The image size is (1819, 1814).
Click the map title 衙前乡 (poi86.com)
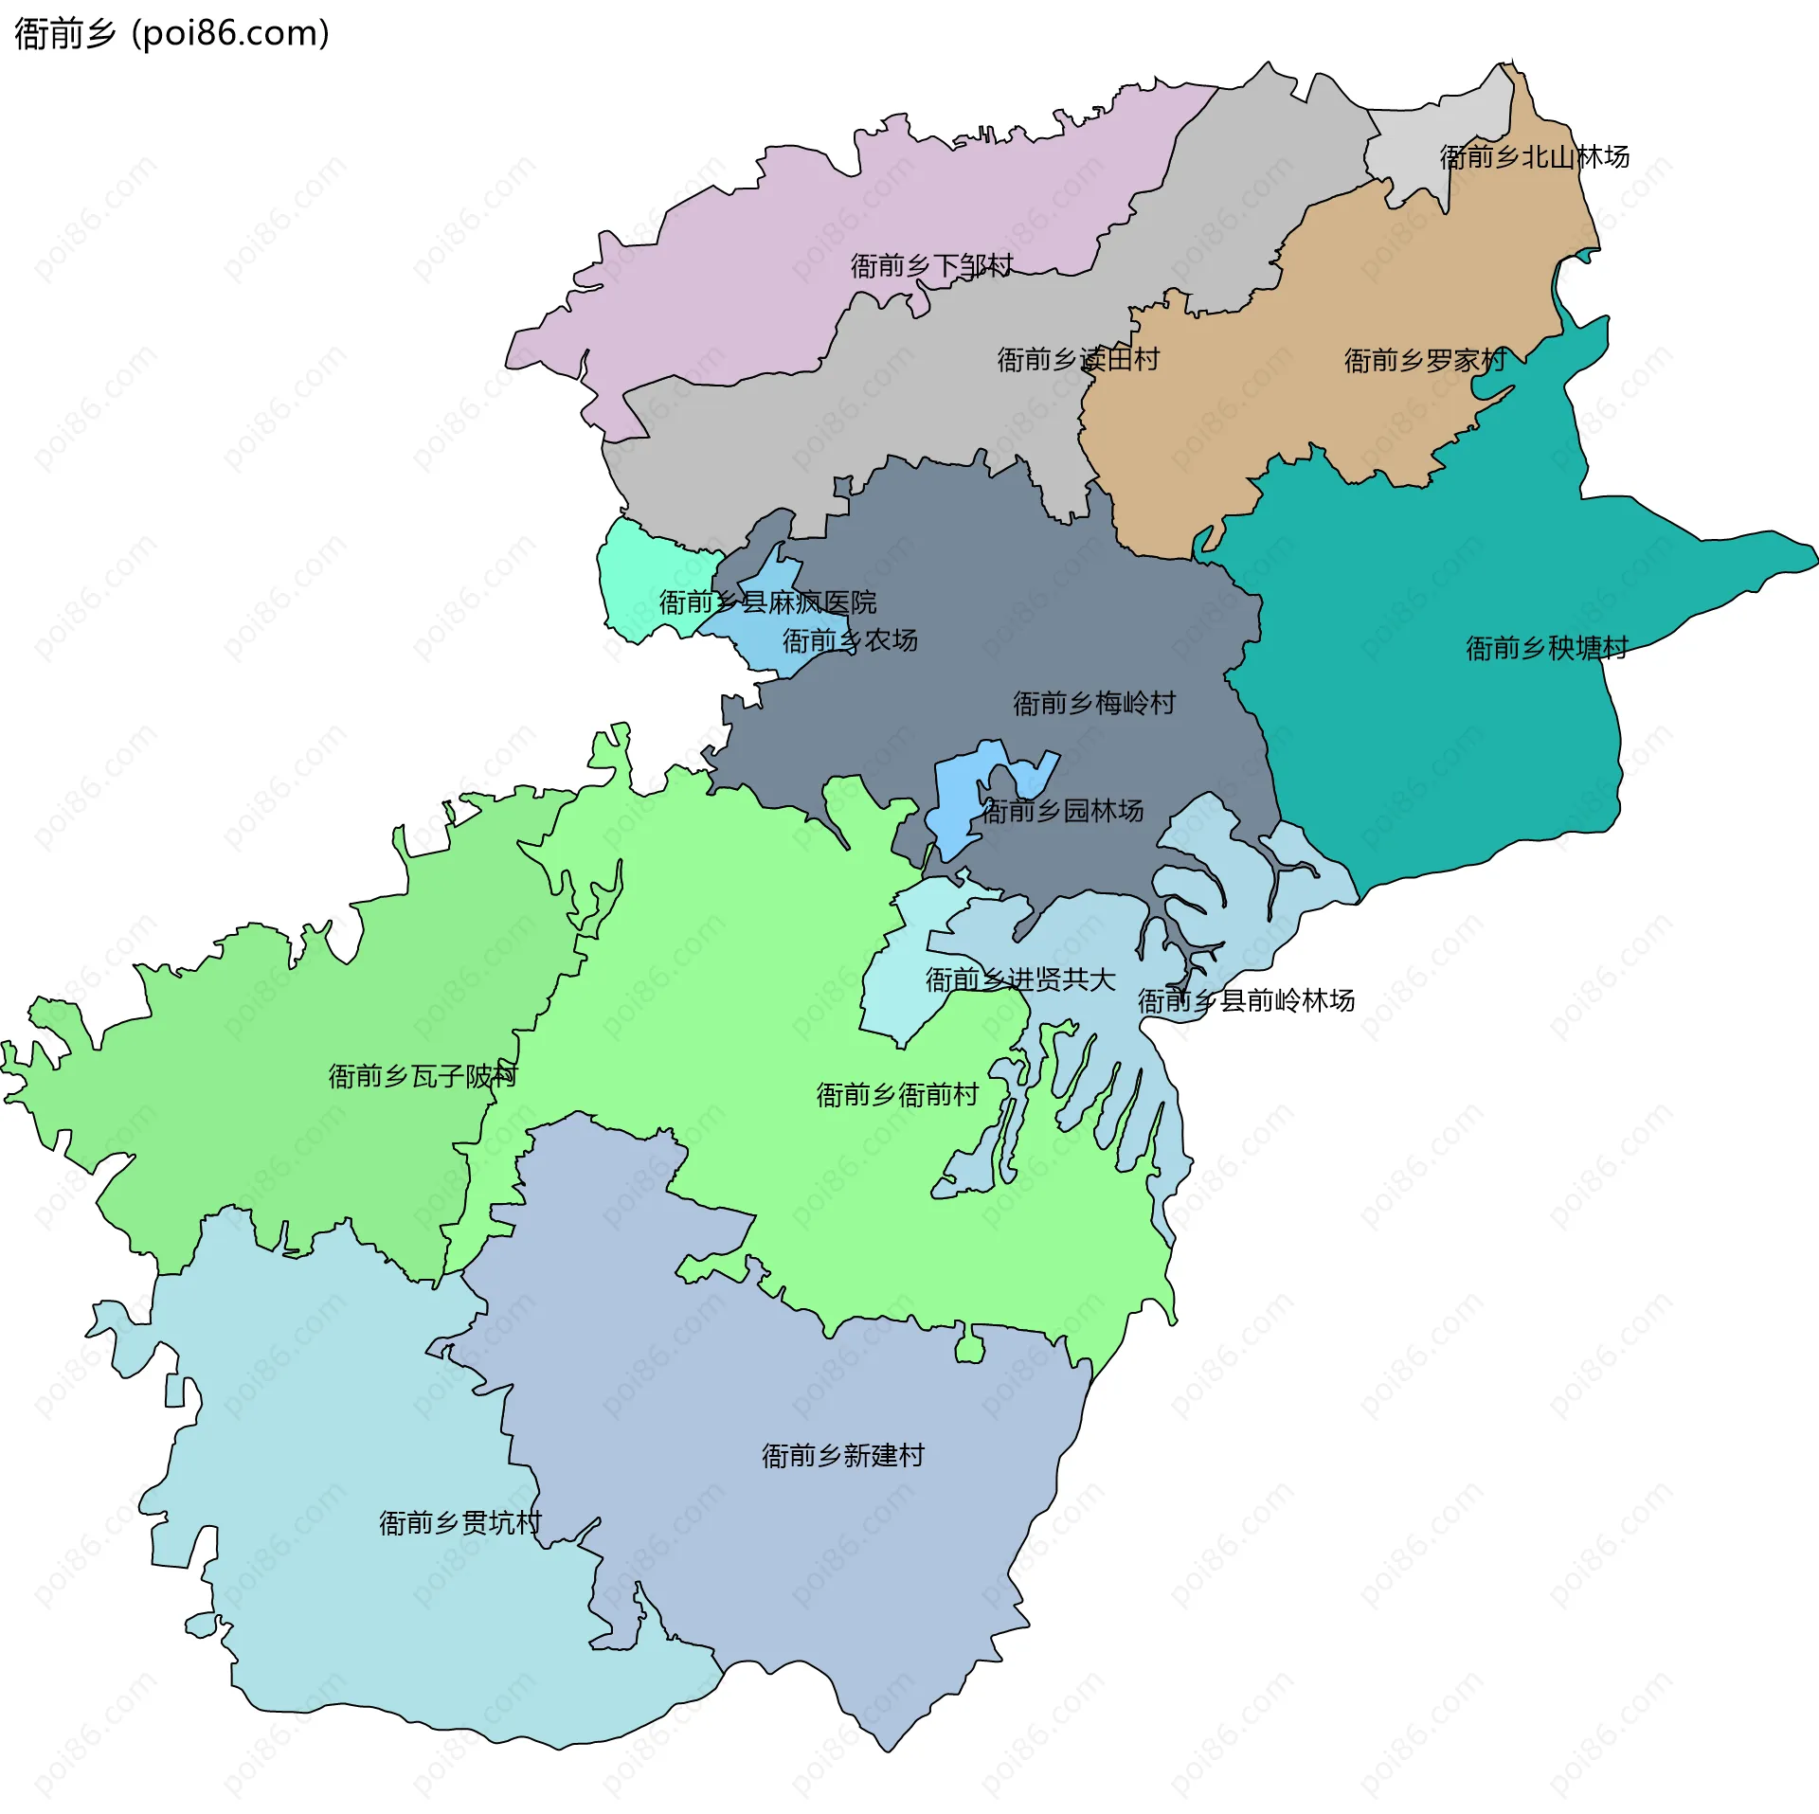click(171, 33)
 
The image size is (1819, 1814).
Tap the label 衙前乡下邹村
click(931, 265)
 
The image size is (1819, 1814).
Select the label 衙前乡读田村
click(1078, 359)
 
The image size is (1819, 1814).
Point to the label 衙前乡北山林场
click(1534, 156)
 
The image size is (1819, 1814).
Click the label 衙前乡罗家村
click(1425, 360)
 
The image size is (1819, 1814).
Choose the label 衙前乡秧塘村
click(1546, 648)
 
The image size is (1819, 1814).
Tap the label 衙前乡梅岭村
click(1094, 703)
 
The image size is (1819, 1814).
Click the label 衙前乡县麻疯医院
click(767, 602)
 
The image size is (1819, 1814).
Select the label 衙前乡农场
click(850, 640)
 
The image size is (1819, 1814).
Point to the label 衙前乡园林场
click(1062, 811)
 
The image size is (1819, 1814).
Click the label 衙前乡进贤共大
click(1020, 979)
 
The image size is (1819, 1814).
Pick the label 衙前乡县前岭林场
click(1246, 1000)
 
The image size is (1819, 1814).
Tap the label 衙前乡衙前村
click(897, 1095)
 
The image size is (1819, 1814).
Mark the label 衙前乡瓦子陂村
click(423, 1076)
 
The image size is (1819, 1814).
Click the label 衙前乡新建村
click(842, 1455)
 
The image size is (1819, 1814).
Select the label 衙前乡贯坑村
click(460, 1522)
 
